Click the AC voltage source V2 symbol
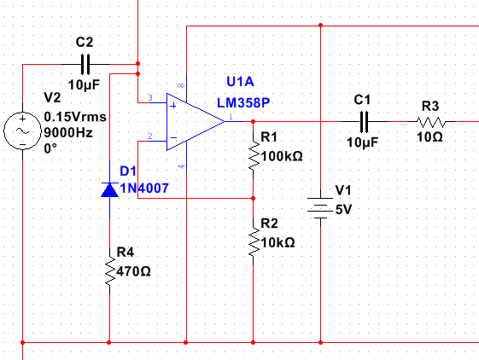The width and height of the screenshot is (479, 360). [22, 131]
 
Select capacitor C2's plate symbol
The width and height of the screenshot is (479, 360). [85, 65]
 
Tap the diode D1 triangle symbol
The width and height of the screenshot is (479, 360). [109, 190]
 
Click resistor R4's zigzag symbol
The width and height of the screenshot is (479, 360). [109, 270]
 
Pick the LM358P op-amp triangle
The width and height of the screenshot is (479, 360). [196, 121]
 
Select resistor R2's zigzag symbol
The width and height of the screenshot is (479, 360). [254, 241]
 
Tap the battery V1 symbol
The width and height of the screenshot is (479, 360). [320, 208]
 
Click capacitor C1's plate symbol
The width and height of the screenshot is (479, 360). [364, 121]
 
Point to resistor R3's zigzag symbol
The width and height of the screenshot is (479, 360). [430, 121]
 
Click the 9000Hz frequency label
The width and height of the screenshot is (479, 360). [68, 133]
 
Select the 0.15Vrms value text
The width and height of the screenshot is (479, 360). [75, 117]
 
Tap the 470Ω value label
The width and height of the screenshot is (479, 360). [133, 271]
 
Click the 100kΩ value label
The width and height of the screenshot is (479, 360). [282, 156]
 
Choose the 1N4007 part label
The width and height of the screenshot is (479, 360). [144, 188]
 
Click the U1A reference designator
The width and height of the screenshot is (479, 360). [240, 82]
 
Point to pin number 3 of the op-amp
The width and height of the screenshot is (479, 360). [150, 98]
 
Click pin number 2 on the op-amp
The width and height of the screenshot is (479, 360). [150, 136]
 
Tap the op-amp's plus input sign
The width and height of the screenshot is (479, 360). [173, 106]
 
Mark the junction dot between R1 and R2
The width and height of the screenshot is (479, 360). [254, 199]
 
